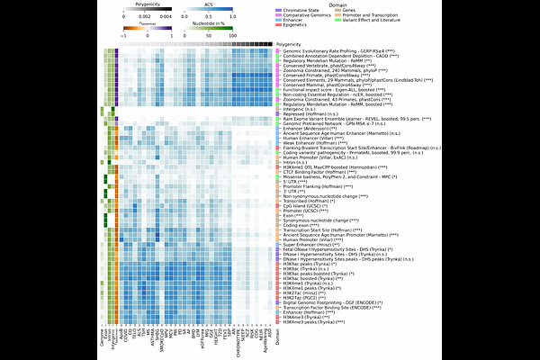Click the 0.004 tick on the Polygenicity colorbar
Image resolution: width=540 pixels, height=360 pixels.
(169, 18)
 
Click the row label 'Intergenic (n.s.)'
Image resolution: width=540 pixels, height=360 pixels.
(301, 110)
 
